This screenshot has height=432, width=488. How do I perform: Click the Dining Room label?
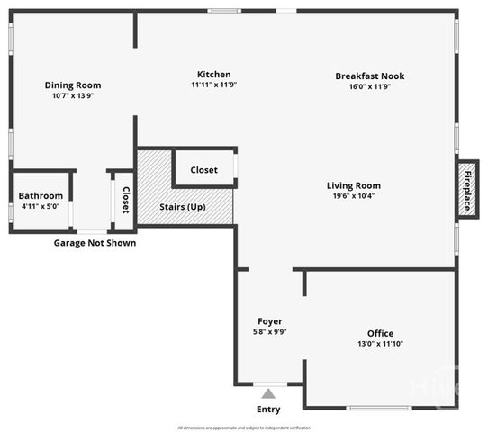(x=71, y=85)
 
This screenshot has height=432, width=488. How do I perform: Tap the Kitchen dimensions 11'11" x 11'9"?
(x=213, y=85)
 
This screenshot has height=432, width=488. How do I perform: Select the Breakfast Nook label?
(x=369, y=76)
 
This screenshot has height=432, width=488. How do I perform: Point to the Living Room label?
(x=353, y=186)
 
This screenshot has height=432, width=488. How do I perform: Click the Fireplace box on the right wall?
(x=467, y=190)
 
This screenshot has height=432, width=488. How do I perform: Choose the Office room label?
(x=379, y=333)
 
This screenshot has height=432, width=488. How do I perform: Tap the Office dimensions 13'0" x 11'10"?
(x=379, y=343)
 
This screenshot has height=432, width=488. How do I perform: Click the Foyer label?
(x=270, y=321)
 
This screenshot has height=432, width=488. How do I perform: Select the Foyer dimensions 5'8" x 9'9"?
(x=270, y=331)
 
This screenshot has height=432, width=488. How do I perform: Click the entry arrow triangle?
(x=267, y=392)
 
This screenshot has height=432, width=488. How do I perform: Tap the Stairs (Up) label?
(x=183, y=207)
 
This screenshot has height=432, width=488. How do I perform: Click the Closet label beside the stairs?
(x=203, y=169)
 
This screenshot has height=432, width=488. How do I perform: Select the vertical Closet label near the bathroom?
(x=125, y=200)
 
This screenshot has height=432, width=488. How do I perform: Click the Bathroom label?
(x=41, y=196)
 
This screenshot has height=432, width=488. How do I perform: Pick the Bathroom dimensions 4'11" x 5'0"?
(x=41, y=206)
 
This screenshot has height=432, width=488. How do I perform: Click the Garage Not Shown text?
(x=95, y=243)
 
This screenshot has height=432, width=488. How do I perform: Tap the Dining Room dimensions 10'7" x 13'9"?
(x=71, y=95)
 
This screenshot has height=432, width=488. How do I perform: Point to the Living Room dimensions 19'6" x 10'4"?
(x=353, y=196)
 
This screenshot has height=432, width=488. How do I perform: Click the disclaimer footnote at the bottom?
(x=244, y=427)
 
